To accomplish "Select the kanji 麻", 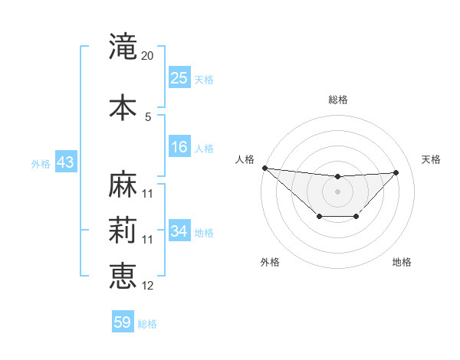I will click(x=123, y=184).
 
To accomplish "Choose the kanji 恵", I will click(x=123, y=276).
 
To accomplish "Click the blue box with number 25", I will click(x=179, y=78).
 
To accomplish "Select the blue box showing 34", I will click(x=179, y=231).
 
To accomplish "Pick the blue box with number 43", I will click(x=65, y=163).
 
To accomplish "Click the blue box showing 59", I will click(x=123, y=322).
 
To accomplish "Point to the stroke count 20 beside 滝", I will click(x=148, y=56).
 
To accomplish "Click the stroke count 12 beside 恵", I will click(x=148, y=286).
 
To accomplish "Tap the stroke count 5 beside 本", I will click(x=148, y=116).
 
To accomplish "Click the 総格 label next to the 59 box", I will click(x=147, y=324).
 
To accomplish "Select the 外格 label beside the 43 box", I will click(x=41, y=164).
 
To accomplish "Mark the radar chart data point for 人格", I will click(x=264, y=168).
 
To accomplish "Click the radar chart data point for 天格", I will click(x=396, y=172).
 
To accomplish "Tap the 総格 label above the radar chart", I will click(x=337, y=100).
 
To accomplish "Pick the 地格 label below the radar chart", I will click(x=402, y=262).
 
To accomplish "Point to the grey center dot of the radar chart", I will click(x=337, y=191).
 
